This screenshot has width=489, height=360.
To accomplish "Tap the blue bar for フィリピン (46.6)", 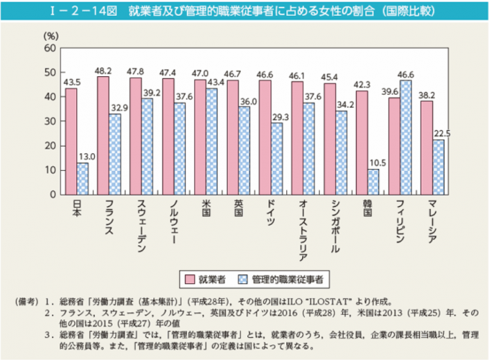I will (406, 137).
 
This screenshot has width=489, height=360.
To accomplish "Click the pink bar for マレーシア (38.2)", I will (427, 147).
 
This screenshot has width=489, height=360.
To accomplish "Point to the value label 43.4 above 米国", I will (214, 83).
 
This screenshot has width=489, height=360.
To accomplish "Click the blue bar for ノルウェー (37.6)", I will (180, 148).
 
